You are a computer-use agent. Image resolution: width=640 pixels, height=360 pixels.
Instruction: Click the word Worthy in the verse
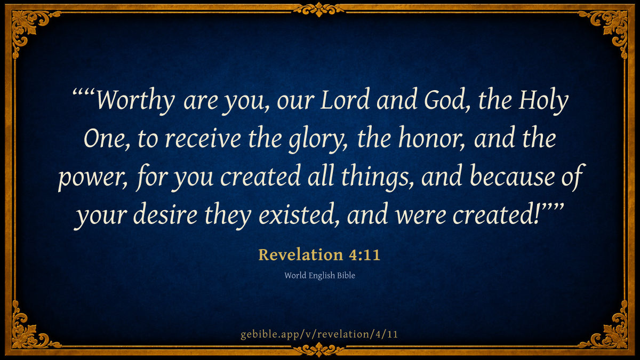[x=135, y=100]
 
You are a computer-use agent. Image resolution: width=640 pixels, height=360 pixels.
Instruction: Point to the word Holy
[x=543, y=101]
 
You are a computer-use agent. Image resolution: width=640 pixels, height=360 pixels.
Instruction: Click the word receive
[x=203, y=139]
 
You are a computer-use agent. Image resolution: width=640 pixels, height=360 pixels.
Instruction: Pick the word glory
[x=317, y=140]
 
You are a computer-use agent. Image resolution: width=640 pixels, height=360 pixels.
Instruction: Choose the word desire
[x=165, y=214]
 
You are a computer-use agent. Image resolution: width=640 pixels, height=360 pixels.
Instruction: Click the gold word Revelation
[x=301, y=254]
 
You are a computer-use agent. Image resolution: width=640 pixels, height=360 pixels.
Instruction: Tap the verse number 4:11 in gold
[x=365, y=255]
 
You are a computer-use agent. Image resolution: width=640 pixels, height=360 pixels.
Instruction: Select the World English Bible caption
[x=319, y=275]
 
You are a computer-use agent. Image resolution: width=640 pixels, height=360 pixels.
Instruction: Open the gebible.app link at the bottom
[x=319, y=334]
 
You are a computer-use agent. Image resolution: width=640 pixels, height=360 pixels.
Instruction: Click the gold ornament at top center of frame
[x=319, y=10]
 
